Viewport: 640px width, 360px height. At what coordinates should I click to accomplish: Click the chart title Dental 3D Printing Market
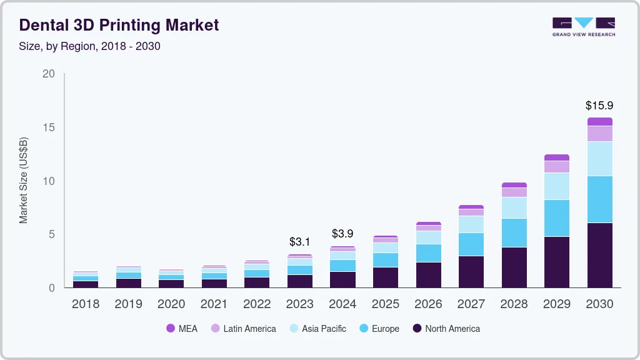coord(119,25)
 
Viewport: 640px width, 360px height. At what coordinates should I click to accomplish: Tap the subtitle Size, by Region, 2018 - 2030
coord(90,46)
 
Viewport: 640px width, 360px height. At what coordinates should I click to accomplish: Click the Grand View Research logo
coord(583,26)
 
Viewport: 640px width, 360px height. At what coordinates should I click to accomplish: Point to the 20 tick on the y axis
coord(49,74)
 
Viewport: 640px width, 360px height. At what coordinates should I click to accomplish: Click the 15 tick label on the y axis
coord(49,127)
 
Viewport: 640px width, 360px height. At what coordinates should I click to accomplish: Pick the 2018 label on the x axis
coord(85,304)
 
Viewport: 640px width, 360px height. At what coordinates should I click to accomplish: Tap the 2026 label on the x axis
coord(428,304)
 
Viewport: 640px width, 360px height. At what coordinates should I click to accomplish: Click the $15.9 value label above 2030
coord(599,106)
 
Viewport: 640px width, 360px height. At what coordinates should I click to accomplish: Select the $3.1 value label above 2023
coord(299,241)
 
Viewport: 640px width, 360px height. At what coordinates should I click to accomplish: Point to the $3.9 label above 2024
coord(342,234)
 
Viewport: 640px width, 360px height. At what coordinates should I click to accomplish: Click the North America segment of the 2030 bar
coord(599,255)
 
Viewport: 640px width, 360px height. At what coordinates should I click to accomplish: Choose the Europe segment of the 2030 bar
coord(599,199)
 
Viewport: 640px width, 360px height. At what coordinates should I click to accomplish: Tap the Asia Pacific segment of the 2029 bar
coord(556,186)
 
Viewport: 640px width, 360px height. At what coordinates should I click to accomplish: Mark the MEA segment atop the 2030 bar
coord(599,122)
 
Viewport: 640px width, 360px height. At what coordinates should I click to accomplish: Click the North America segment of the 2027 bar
coord(471,271)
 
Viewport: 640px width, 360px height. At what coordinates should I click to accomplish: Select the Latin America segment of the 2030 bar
coord(599,134)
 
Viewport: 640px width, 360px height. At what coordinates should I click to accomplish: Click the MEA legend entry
coord(182,329)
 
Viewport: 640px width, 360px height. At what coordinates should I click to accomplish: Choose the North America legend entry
coord(446,329)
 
